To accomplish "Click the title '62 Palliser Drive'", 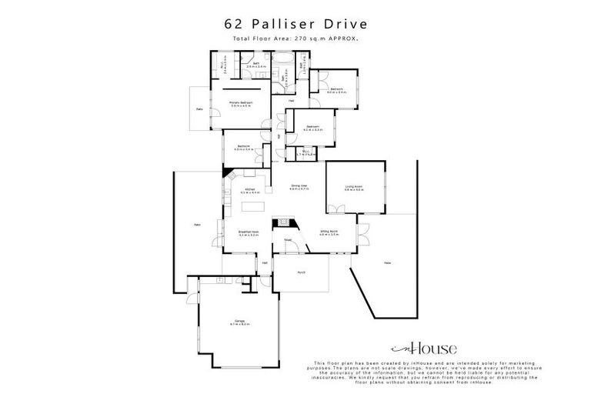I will point(295,25).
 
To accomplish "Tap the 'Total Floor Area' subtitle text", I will point(295,38).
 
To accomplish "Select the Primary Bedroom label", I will point(242,103).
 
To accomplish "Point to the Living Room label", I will point(354,187).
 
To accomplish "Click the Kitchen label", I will point(250,190).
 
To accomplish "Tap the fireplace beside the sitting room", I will point(285,223).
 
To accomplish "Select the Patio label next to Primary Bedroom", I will point(199,109).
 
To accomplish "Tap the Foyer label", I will point(288,239).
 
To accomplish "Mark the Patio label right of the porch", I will point(387,264).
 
